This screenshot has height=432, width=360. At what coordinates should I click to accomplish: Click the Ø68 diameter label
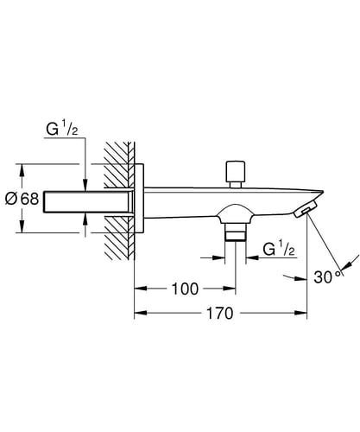pos(22,199)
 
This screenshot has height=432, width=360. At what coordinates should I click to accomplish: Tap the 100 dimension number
pos(185,289)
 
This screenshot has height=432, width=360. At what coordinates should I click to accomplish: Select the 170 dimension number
pos(220,314)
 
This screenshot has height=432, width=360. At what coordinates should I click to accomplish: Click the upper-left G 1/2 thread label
pos(62,130)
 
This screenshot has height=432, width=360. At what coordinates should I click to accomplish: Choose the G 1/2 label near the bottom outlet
pos(279,250)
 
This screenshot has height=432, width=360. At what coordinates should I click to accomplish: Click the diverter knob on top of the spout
pos(236,175)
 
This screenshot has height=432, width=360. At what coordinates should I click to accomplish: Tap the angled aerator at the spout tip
pos(305,208)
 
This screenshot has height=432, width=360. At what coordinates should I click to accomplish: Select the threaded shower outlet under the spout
pos(236,232)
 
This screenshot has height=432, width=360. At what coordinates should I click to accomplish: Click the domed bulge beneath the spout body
pos(236,213)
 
